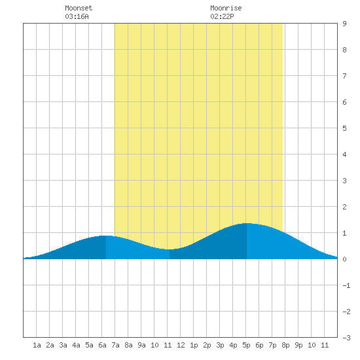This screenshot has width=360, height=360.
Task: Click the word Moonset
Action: [79, 8]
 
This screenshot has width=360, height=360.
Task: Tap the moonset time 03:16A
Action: [77, 16]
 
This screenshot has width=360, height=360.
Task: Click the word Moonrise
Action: [226, 8]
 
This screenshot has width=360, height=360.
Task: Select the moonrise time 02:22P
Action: [222, 16]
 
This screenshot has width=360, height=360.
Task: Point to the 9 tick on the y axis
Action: [344, 24]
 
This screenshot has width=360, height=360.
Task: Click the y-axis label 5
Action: [344, 128]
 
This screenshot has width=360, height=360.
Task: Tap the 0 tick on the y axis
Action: [344, 259]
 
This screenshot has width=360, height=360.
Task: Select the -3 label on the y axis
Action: [346, 338]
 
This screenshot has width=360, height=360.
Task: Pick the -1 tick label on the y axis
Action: [346, 285]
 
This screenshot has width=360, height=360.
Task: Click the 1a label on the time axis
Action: [37, 345]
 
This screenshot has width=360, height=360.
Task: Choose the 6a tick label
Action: [102, 345]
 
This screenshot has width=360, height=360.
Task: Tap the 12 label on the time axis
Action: [181, 345]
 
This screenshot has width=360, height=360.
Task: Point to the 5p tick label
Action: [246, 345]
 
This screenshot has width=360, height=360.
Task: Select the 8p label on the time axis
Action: [285, 345]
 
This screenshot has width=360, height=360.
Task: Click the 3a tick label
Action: [63, 345]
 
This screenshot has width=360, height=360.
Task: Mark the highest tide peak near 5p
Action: [247, 223]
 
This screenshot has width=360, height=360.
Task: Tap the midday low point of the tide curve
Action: [170, 249]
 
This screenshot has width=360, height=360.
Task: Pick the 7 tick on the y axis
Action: [344, 76]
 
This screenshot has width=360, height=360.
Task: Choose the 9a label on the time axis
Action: [141, 345]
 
